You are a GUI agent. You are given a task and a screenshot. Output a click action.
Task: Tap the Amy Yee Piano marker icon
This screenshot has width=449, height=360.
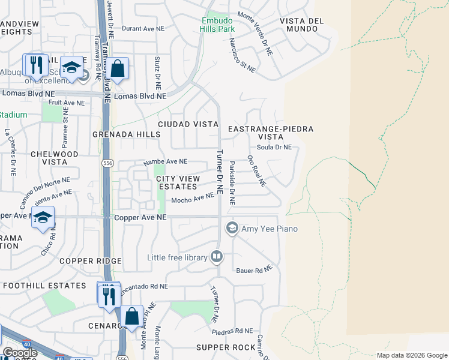[232, 228]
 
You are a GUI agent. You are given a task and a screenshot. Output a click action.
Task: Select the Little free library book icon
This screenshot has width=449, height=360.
[217, 257]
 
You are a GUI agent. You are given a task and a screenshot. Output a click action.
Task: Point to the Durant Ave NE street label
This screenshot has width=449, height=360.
[143, 28]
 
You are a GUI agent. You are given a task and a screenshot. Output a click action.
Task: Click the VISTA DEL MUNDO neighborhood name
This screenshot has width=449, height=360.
[301, 25]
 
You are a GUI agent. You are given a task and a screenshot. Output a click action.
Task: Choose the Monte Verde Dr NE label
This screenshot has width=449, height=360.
[255, 34]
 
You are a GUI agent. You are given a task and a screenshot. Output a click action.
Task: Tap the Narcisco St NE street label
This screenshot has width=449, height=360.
[243, 56]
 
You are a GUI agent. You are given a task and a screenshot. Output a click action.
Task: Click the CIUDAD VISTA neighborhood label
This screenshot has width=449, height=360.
[187, 124]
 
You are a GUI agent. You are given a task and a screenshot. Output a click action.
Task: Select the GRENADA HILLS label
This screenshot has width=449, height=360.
[126, 135]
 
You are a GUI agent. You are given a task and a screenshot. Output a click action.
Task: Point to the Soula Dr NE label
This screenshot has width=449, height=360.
[274, 147]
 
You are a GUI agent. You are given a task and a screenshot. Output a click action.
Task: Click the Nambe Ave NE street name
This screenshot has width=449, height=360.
[165, 162]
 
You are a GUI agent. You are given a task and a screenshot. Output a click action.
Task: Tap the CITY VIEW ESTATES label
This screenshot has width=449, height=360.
[177, 182]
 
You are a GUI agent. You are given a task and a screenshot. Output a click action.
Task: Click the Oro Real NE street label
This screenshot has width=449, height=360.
[256, 171]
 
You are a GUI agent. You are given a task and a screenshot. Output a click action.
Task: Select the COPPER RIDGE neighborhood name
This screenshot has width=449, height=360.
[91, 261]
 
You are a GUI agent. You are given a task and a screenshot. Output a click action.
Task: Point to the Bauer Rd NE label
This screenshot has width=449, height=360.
[250, 271]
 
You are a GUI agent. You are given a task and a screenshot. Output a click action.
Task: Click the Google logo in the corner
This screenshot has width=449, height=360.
[20, 353]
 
